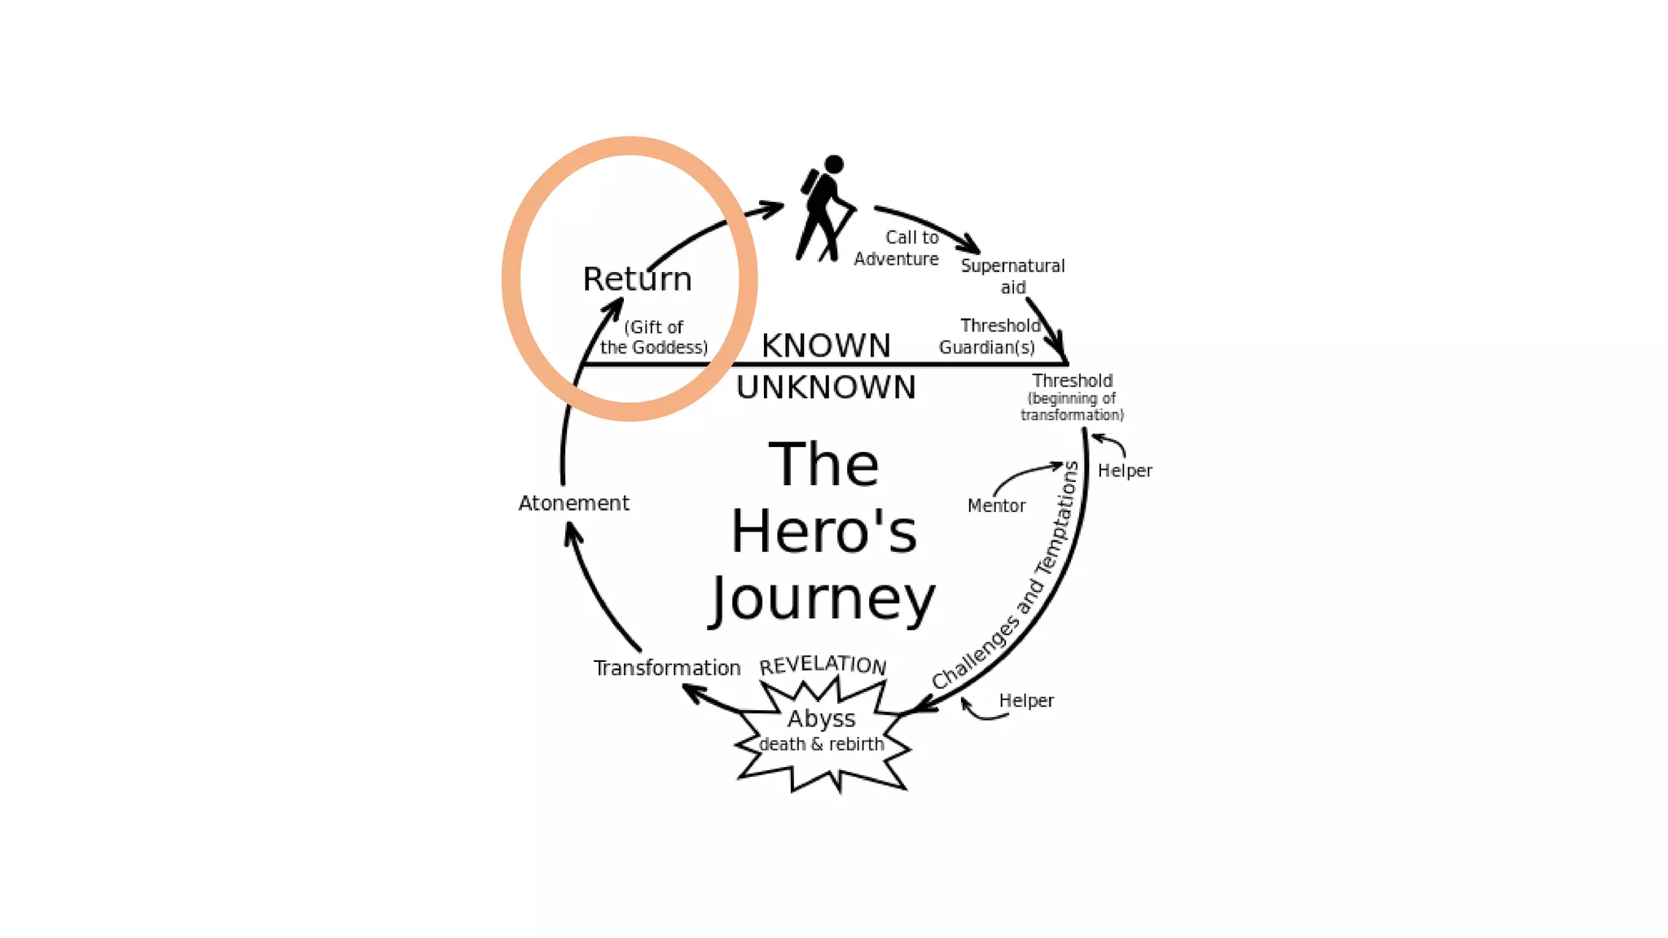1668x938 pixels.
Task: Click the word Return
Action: pos(637,279)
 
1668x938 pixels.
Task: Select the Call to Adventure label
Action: pos(897,248)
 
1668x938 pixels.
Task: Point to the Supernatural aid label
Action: pos(1012,276)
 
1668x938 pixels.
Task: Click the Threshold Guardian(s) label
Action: pos(989,336)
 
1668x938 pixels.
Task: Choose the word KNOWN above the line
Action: pos(826,345)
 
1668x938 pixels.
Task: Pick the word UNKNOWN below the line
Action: pos(826,388)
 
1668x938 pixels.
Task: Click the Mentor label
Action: pos(996,506)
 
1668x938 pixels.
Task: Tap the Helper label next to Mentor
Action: pos(1125,471)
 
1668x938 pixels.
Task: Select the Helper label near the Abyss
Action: pos(1026,700)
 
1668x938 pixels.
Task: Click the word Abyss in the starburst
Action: pos(821,718)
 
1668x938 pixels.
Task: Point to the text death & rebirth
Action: pos(821,744)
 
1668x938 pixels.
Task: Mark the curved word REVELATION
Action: pos(823,665)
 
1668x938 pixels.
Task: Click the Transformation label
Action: pos(667,668)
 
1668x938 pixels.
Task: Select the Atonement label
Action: pos(573,503)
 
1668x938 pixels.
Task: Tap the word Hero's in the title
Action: pos(823,532)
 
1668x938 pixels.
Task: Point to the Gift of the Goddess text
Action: pos(654,337)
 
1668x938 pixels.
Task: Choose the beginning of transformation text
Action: pos(1072,406)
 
